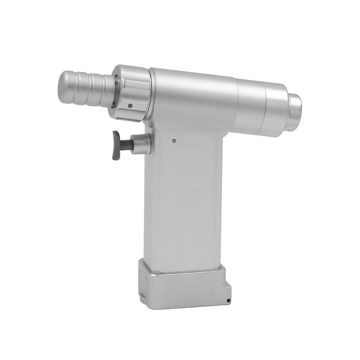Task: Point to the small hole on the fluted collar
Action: click(130, 106)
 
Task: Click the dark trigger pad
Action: click(116, 145)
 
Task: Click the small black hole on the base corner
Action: click(228, 301)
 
